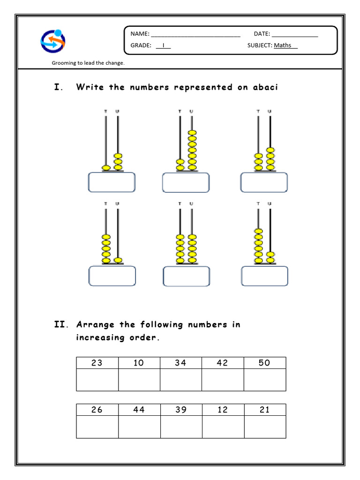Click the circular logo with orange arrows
click(x=52, y=41)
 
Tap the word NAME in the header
click(x=139, y=34)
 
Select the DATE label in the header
click(x=262, y=34)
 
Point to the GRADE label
click(x=141, y=45)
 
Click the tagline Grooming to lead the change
click(x=88, y=63)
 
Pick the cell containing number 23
click(x=97, y=363)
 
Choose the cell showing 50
click(x=264, y=363)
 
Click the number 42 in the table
click(x=223, y=363)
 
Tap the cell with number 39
click(x=181, y=410)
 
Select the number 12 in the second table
click(x=223, y=410)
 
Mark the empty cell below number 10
click(x=139, y=380)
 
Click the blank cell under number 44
click(x=139, y=427)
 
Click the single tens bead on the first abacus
click(x=106, y=167)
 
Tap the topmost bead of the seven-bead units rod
click(x=192, y=133)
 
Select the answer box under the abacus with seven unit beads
click(x=186, y=182)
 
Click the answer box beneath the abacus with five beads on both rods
click(x=186, y=277)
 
